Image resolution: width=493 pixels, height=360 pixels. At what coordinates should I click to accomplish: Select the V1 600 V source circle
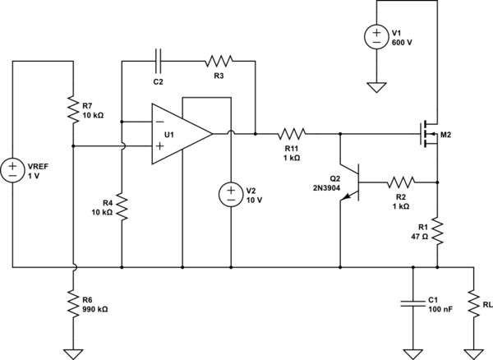click(376, 38)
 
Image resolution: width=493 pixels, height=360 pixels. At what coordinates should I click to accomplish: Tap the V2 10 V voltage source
click(231, 195)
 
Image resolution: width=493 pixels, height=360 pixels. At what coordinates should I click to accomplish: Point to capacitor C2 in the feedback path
click(159, 60)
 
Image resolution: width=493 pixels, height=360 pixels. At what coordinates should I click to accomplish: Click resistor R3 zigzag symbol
click(219, 60)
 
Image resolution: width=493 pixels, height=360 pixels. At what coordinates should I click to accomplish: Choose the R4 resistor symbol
click(122, 207)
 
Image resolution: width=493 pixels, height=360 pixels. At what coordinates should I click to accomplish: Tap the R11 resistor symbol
click(292, 133)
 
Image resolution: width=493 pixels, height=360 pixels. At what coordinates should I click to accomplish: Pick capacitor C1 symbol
click(412, 303)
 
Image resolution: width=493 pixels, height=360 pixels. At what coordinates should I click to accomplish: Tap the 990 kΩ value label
click(95, 309)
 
